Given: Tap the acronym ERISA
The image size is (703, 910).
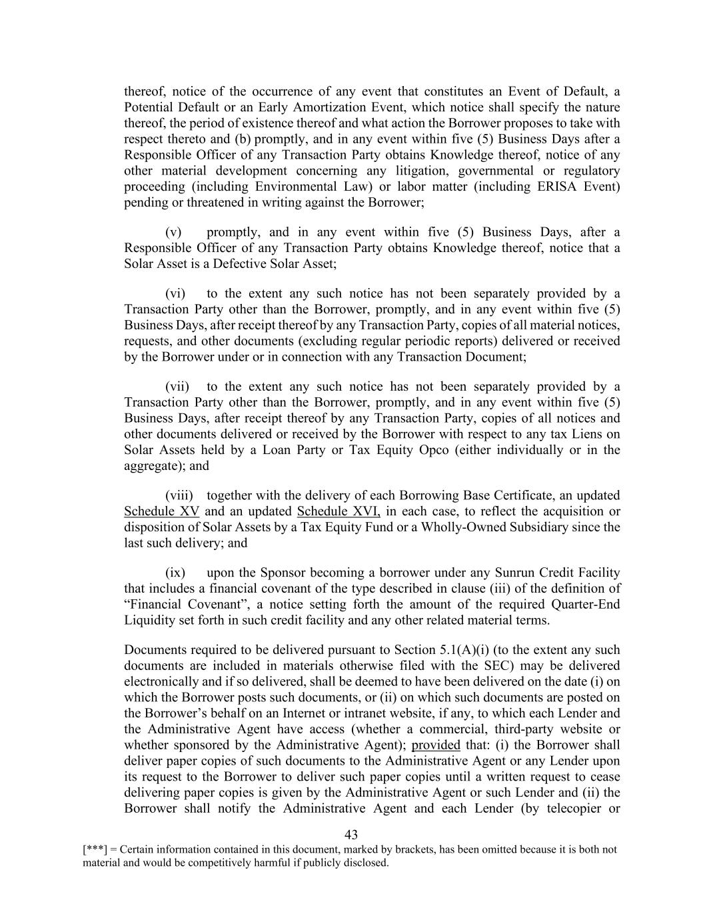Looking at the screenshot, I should pos(557,186).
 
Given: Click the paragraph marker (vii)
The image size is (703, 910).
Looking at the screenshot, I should pos(177,387).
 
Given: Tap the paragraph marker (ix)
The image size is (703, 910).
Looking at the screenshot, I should pos(175,573).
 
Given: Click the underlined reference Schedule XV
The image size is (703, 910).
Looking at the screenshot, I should pos(162,511).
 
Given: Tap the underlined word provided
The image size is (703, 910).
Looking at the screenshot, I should pos(436,745).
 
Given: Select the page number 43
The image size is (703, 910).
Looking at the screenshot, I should pos(352,835).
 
